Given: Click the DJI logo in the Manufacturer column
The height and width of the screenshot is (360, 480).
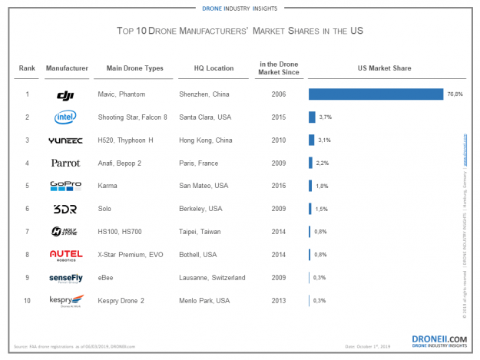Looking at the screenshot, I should tap(65, 95).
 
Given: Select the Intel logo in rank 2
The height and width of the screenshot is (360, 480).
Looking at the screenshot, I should tap(65, 117).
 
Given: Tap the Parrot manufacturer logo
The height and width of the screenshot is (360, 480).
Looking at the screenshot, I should tap(65, 163).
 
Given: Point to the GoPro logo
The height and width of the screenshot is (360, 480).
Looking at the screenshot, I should tap(65, 186).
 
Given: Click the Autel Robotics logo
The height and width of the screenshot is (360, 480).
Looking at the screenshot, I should tap(65, 255).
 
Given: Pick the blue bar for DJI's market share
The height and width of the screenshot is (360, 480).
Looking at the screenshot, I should tap(376, 94).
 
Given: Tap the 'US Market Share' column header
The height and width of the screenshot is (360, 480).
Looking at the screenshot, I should tap(384, 68).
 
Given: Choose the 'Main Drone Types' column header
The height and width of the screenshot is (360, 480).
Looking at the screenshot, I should tap(134, 68).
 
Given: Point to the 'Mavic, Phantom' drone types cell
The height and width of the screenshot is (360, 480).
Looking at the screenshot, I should tap(121, 94).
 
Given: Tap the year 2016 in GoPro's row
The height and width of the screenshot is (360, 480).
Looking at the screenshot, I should tap(279, 186).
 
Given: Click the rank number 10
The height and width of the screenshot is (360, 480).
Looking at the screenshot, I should tap(27, 300).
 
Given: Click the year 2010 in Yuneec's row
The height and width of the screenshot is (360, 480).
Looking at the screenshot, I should tap(279, 140).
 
